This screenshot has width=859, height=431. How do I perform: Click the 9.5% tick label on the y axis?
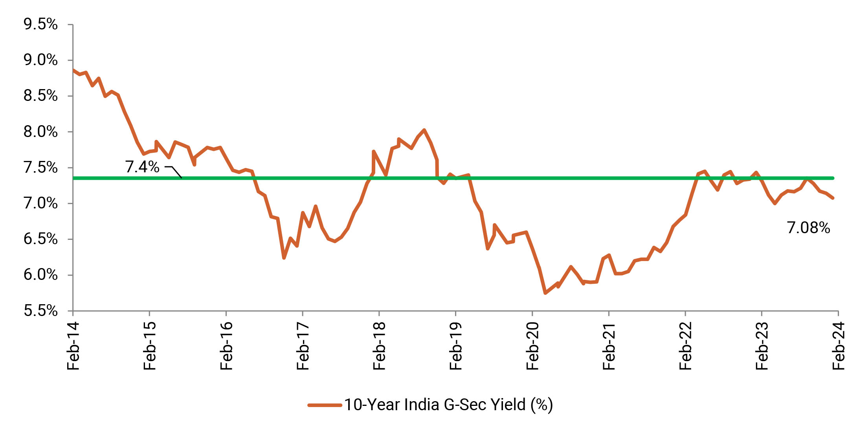tap(40, 24)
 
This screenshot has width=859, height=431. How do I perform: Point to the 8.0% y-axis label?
tap(40, 132)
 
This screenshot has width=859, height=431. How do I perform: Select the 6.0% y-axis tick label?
tap(40, 275)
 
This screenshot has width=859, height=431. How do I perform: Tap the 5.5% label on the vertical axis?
tap(40, 311)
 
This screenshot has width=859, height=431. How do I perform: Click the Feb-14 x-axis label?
tap(73, 345)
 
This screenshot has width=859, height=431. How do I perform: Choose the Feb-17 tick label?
tap(303, 345)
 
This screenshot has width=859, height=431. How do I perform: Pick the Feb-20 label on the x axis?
tap(532, 345)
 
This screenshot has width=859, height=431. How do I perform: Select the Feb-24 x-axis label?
tap(839, 345)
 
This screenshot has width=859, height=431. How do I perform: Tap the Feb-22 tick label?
tap(686, 345)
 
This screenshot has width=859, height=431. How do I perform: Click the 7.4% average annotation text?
tap(142, 167)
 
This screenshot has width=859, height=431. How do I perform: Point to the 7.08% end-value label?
tap(808, 228)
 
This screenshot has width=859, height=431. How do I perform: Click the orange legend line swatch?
tap(325, 405)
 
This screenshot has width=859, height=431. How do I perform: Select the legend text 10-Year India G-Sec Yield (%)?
tap(448, 405)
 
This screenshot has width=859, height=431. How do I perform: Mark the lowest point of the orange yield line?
tap(545, 293)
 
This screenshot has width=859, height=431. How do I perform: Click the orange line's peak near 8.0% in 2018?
tap(424, 130)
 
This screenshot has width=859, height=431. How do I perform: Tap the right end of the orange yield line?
tap(833, 198)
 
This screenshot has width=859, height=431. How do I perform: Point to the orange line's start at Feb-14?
tap(73, 70)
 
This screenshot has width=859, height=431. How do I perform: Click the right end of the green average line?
tap(833, 178)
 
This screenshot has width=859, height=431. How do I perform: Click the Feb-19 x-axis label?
tap(456, 345)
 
